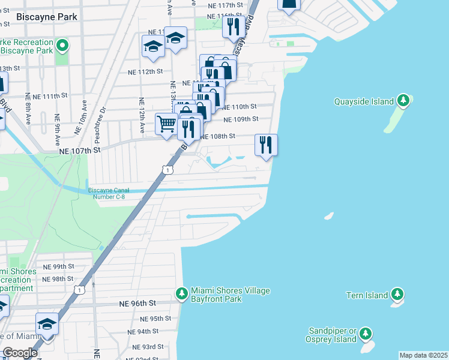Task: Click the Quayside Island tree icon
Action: (x=404, y=101)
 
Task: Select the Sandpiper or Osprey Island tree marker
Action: (x=366, y=334)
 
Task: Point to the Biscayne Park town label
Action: (x=47, y=17)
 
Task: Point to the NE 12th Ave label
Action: (x=142, y=115)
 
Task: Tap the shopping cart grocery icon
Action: (x=166, y=124)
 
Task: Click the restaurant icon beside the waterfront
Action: (x=266, y=144)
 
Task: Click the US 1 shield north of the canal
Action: (x=169, y=171)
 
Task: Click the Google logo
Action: (x=20, y=353)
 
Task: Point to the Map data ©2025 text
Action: (x=423, y=355)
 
